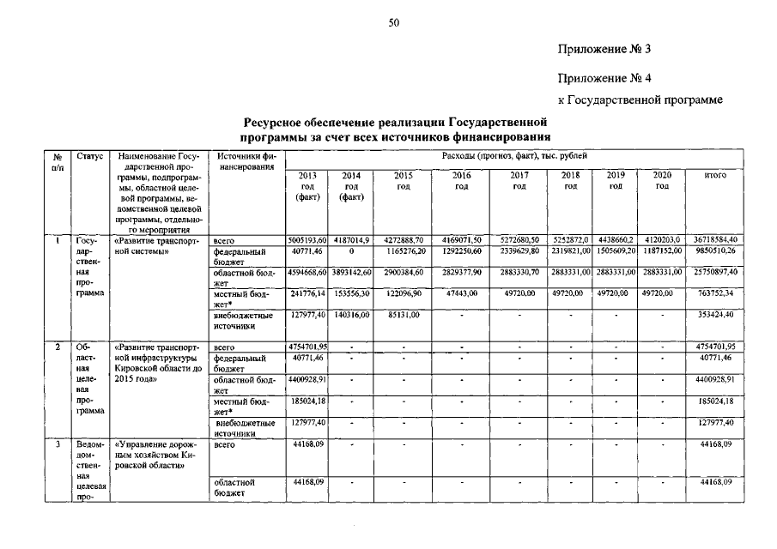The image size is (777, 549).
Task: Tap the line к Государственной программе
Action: [x=640, y=101]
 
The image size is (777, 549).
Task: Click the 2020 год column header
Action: [x=662, y=181]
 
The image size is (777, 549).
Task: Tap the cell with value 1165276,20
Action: [x=403, y=251]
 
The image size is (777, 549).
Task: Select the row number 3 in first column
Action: [x=58, y=445]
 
